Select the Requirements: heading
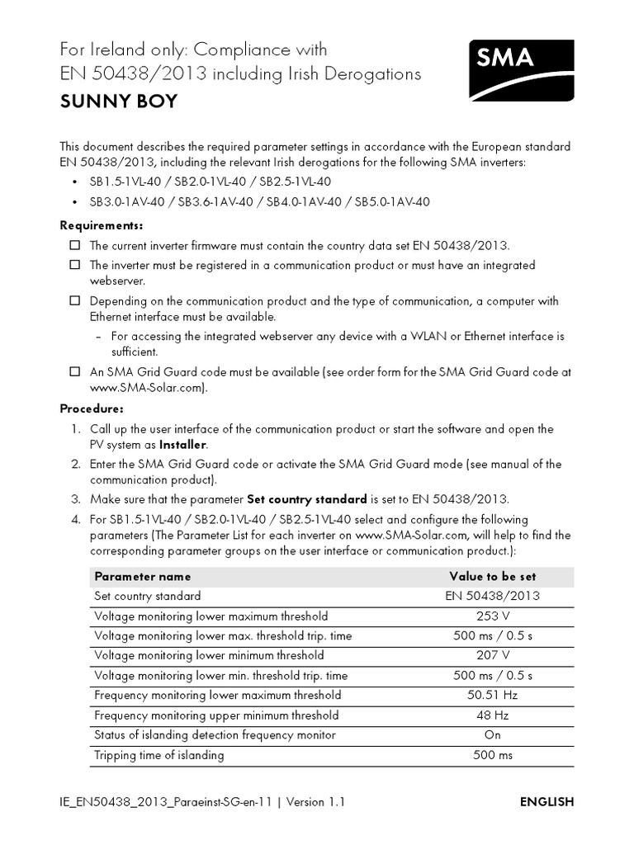pos(102,225)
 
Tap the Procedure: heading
pos(92,408)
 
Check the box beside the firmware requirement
pos(74,245)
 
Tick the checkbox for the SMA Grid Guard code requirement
pos(74,372)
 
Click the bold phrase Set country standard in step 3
pos(306,499)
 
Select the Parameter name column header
pos(142,576)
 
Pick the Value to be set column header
pos(493,576)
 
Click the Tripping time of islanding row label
pos(159,755)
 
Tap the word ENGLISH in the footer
pos(546,802)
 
